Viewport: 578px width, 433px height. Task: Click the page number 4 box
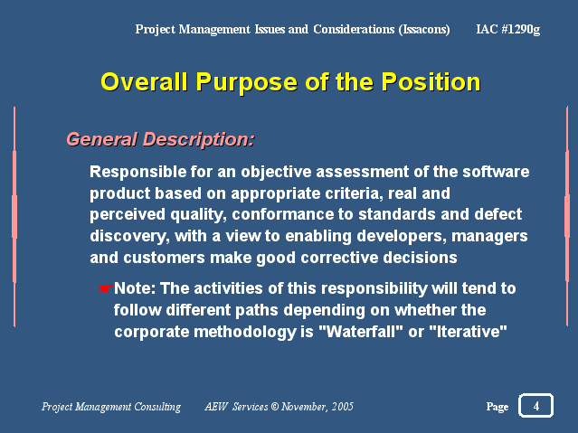coord(535,405)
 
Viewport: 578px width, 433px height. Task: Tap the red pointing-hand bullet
coord(106,288)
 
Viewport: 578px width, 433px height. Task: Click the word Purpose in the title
coord(246,82)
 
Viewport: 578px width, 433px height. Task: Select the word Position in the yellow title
coord(431,81)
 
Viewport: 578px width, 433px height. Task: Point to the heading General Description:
coord(160,140)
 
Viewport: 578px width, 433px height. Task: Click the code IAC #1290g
coord(508,29)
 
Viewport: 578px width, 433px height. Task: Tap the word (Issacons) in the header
coord(424,29)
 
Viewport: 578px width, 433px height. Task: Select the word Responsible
coord(137,172)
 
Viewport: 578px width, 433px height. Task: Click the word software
coord(496,172)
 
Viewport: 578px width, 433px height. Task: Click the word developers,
coord(402,236)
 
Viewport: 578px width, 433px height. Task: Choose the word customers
coord(164,258)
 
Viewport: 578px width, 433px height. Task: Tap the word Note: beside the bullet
coord(135,288)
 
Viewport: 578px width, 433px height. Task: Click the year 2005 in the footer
coord(342,407)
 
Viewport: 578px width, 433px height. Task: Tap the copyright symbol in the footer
coord(275,407)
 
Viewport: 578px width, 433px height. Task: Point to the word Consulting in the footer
coord(157,407)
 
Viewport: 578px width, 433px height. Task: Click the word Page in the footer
coord(497,407)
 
